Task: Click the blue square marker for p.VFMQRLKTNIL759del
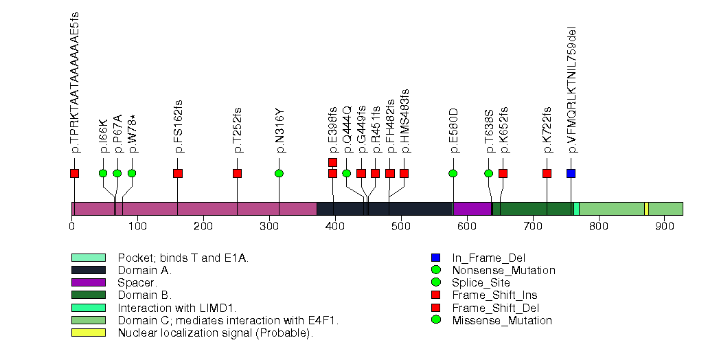click(571, 173)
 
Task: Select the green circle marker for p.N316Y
click(279, 173)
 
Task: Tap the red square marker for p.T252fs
click(238, 173)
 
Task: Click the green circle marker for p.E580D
click(453, 173)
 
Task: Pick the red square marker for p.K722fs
click(547, 173)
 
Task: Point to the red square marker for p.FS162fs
click(178, 173)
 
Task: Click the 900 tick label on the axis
click(664, 227)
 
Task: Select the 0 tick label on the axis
click(72, 227)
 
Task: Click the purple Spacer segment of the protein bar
click(472, 209)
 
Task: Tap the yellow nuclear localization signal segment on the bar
click(646, 209)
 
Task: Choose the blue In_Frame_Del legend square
click(435, 258)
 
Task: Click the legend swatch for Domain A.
click(88, 270)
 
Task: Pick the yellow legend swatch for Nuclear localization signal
click(88, 333)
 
